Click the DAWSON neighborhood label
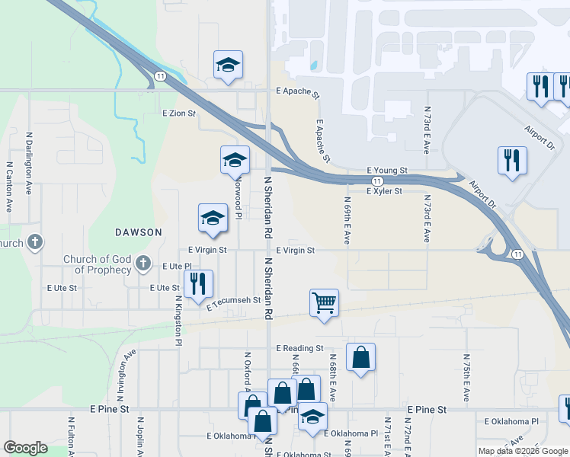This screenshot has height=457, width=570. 139,232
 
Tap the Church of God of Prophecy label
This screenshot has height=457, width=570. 97,265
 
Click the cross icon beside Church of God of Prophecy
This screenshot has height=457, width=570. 142,264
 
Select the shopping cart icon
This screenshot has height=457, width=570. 325,302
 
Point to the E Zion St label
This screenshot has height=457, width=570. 179,113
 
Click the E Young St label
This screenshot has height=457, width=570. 387,171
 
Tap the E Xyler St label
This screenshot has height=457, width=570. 384,192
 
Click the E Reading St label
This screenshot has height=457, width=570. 299,348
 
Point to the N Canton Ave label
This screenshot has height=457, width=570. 10,187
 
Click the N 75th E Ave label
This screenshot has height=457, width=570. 466,377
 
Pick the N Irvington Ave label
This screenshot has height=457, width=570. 126,373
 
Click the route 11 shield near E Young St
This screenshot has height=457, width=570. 377,181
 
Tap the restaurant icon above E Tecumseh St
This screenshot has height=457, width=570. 198,283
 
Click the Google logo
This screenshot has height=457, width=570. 25,448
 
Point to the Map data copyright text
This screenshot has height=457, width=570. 523,451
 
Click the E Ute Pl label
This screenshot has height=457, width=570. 175,266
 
